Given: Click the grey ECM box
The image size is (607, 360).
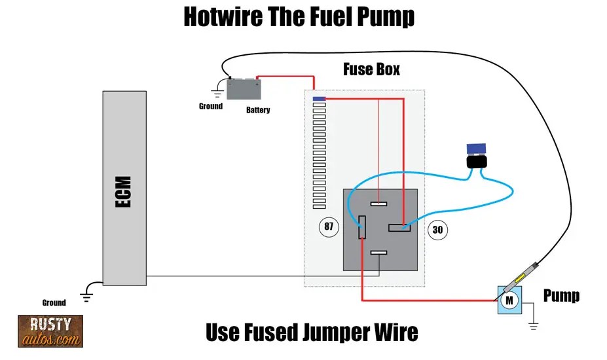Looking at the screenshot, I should [124, 188].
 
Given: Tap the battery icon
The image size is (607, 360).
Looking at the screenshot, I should [243, 88].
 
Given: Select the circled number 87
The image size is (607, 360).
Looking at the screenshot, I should [329, 227].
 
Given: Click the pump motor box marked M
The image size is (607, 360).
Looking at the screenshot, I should [509, 300].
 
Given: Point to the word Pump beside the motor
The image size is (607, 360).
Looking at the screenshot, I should [561, 296].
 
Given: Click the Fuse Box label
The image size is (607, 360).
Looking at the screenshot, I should [371, 69].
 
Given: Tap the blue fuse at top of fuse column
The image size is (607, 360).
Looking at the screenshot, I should [320, 99].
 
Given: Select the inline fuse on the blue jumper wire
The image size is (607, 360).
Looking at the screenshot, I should [477, 157].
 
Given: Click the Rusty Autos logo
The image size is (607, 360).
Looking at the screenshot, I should [50, 331].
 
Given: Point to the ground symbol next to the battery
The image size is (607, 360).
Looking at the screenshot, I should [217, 92].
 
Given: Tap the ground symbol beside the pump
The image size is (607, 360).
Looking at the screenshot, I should [534, 322].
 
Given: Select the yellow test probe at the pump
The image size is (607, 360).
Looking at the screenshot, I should [523, 276].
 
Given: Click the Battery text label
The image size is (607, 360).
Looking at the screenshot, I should [258, 110].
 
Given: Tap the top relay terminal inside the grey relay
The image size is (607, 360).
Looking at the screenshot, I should [378, 204].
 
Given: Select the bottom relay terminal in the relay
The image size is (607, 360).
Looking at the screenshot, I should [378, 253].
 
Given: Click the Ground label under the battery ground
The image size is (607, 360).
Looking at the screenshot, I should [211, 106].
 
